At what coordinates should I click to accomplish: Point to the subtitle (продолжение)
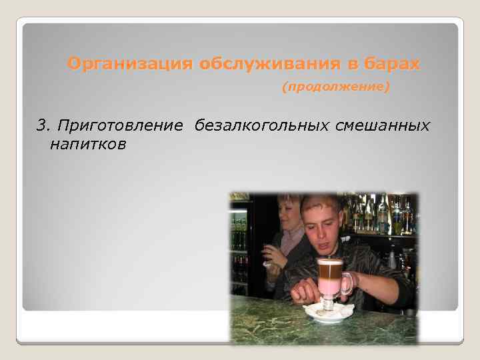335,87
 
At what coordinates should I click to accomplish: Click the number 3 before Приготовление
41,125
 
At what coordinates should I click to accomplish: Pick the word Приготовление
121,125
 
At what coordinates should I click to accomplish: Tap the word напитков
87,144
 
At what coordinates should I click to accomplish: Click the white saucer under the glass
327,314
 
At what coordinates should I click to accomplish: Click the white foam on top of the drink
329,261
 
